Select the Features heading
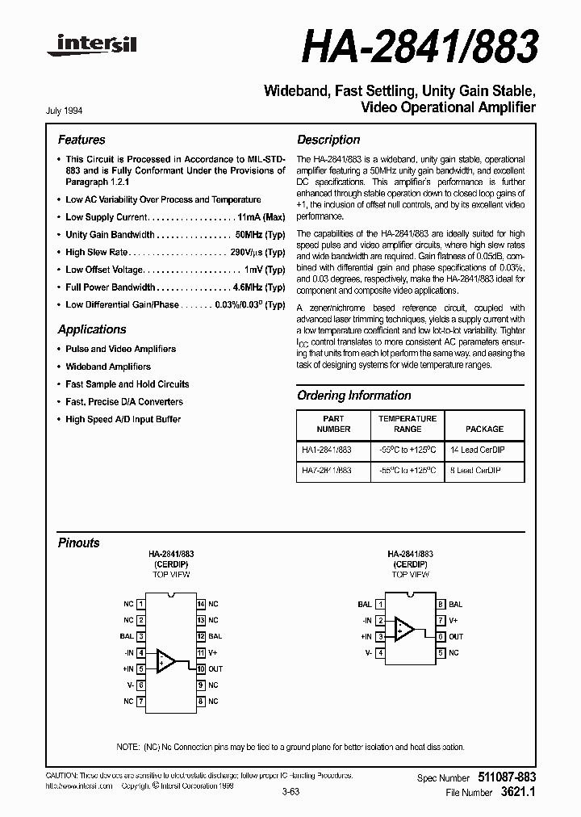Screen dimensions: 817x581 coord(81,140)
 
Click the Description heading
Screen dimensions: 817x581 coord(328,140)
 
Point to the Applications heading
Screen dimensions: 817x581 coord(92,329)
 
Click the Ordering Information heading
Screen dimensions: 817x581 coord(353,396)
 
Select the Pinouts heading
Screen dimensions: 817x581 coord(79,543)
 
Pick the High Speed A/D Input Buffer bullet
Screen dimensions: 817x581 coord(123,419)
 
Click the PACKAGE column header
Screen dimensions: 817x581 coord(484,429)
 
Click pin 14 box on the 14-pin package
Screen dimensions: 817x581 coord(200,604)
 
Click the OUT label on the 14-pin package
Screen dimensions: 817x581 coord(215,668)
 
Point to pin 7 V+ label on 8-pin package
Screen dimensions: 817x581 coord(454,620)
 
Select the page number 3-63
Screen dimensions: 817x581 coord(291,792)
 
